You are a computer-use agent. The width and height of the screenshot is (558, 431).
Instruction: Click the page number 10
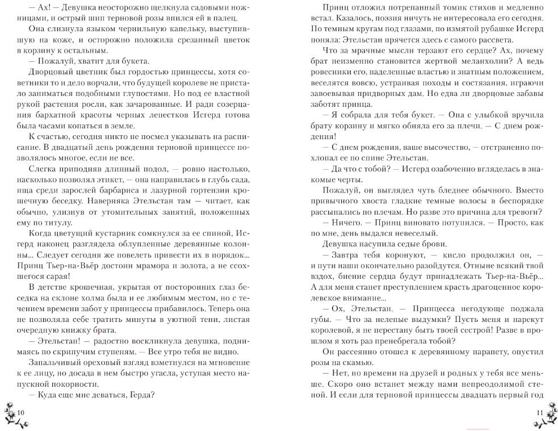click(x=22, y=411)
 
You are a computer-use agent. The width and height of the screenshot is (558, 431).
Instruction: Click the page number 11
click(x=539, y=411)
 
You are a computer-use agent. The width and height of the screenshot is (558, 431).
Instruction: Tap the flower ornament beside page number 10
click(x=10, y=412)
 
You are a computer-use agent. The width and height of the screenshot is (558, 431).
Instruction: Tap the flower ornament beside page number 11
click(x=549, y=412)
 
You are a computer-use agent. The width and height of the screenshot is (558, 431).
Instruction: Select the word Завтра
click(x=343, y=256)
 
